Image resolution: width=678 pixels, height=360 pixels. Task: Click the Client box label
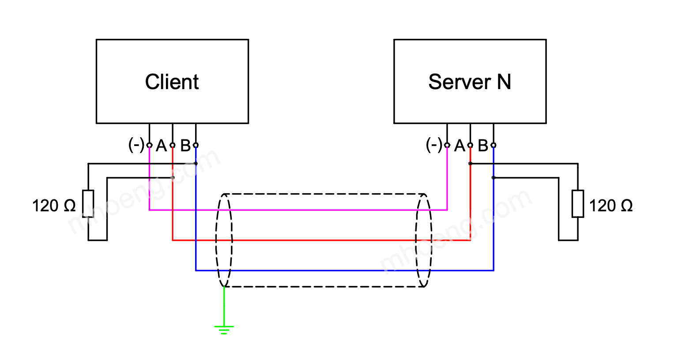pos(172,82)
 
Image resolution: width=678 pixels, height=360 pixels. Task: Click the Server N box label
pos(469,82)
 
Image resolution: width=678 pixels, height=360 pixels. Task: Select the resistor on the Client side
pos(88,204)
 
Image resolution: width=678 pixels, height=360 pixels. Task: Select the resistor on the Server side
pos(578,204)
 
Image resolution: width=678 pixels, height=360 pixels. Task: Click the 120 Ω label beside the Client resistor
pos(54,206)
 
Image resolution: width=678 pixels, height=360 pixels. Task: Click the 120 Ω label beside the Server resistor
pos(611,206)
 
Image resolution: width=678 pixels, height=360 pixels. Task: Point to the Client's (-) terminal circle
pos(150,145)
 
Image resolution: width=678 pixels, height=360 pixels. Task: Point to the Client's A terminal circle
pos(173,145)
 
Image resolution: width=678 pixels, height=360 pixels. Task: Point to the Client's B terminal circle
pos(196,145)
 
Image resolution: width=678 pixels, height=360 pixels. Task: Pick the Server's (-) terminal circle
pos(447,145)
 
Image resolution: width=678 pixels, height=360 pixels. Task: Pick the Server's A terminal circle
pos(471,145)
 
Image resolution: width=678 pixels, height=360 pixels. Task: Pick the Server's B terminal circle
pos(493,145)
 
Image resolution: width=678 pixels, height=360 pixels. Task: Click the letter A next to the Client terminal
pos(162,146)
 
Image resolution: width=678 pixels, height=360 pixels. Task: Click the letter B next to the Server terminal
pos(483,146)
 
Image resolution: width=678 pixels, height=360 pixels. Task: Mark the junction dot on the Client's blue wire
pos(196,164)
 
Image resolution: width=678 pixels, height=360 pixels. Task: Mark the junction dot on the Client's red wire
pos(173,178)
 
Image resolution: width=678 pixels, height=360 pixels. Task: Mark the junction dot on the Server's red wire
pos(471,164)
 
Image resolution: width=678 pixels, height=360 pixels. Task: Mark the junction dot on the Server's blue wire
pos(493,178)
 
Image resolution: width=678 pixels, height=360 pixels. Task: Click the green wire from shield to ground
pos(224,307)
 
